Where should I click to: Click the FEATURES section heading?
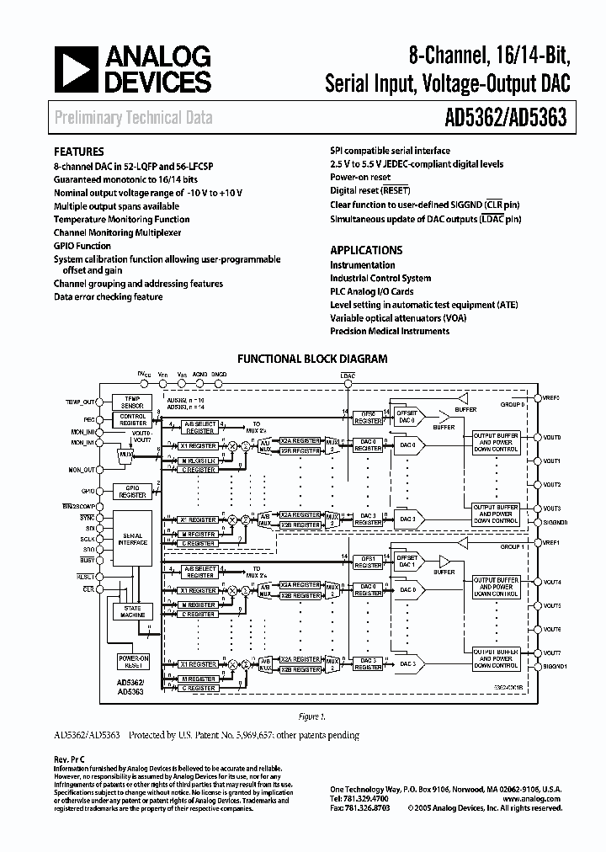click(79, 152)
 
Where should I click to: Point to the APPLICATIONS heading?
click(366, 250)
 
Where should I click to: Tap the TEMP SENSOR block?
click(134, 402)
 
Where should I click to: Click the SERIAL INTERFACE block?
click(134, 539)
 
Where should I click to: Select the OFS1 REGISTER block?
click(368, 562)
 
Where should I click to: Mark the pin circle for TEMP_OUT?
click(99, 402)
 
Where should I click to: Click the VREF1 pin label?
click(553, 543)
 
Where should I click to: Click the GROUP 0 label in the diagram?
click(513, 404)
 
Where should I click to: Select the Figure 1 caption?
click(311, 717)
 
